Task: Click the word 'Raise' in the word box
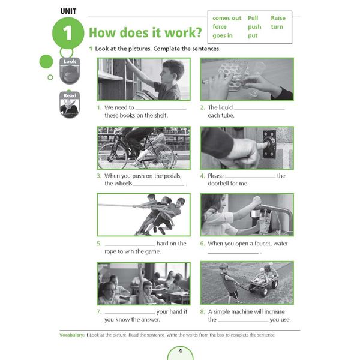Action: click(x=278, y=18)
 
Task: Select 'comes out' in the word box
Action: click(x=227, y=18)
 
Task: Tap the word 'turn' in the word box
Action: click(x=277, y=27)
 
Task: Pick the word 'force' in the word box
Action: click(x=220, y=27)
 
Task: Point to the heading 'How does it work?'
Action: click(x=145, y=33)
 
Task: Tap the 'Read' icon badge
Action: click(x=70, y=104)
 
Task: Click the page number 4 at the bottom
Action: click(x=179, y=350)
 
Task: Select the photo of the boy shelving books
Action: click(x=143, y=79)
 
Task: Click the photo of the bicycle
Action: click(x=143, y=148)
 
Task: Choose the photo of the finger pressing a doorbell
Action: click(x=247, y=148)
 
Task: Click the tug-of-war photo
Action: click(x=143, y=214)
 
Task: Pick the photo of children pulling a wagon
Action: click(x=247, y=282)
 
